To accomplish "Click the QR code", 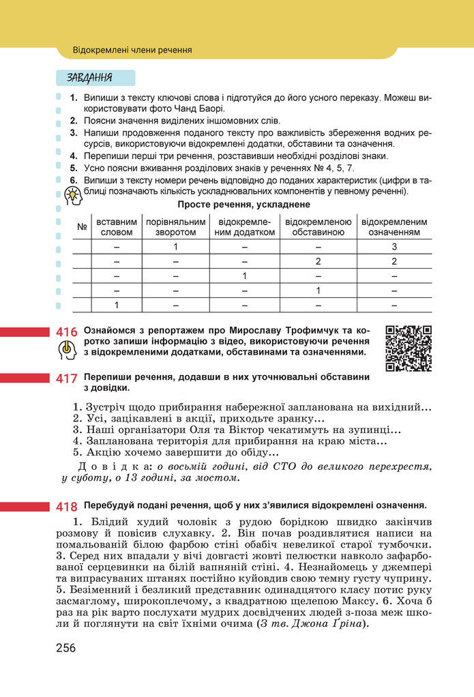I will tap(409, 348).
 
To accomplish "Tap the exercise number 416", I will tap(66, 332).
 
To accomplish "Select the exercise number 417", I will tap(66, 379).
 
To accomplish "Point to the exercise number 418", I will tap(66, 507).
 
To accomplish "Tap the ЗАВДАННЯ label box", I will tap(95, 77).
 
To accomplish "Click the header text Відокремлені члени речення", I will tap(132, 50).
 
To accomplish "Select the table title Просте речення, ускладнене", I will tap(243, 205).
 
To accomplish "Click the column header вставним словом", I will tap(117, 227).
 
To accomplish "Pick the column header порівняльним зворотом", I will tap(175, 227).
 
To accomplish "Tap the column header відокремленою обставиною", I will tap(318, 227).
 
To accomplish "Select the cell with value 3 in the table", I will tap(394, 247).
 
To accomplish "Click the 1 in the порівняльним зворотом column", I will tap(175, 247).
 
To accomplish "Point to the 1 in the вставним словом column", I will tap(117, 304).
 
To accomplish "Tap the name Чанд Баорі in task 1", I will tap(201, 108).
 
